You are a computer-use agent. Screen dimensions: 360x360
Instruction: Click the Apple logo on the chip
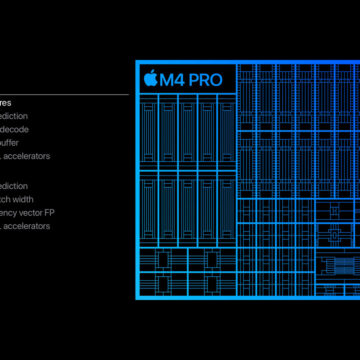coord(151,79)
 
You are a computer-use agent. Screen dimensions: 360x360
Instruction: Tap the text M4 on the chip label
coord(174,79)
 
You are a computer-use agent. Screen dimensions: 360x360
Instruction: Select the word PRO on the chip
coord(211,79)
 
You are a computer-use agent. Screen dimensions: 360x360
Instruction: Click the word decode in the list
coord(15,129)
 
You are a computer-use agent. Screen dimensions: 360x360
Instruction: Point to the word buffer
coord(13,142)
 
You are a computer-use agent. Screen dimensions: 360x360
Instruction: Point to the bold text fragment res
coord(6,102)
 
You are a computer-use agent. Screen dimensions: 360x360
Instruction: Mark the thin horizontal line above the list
coord(64,94)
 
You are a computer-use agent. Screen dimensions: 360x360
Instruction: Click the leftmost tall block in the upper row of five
coord(150,129)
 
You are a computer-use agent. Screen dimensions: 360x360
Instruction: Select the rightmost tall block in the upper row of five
coord(225,129)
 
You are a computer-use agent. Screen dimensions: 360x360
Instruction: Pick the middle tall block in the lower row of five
coord(187,206)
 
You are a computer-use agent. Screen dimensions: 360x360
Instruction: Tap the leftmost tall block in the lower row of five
coord(150,206)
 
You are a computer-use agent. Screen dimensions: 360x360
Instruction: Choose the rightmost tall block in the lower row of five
coord(225,206)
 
